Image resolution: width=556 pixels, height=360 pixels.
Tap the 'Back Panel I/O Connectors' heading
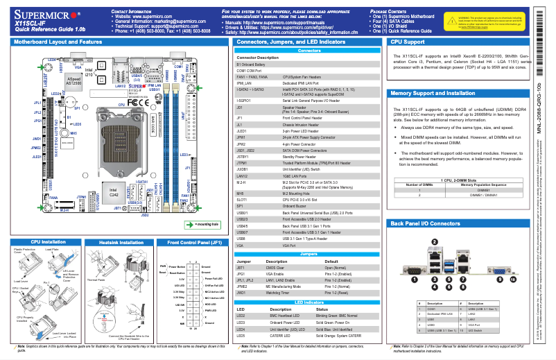pyautogui.click(x=425, y=224)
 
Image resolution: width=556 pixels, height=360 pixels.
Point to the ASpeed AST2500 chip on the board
pyautogui.click(x=73, y=82)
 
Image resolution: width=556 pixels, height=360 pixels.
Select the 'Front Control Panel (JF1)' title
pyautogui.click(x=190, y=243)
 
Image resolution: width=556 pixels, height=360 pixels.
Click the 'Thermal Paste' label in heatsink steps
pyautogui.click(x=95, y=281)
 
